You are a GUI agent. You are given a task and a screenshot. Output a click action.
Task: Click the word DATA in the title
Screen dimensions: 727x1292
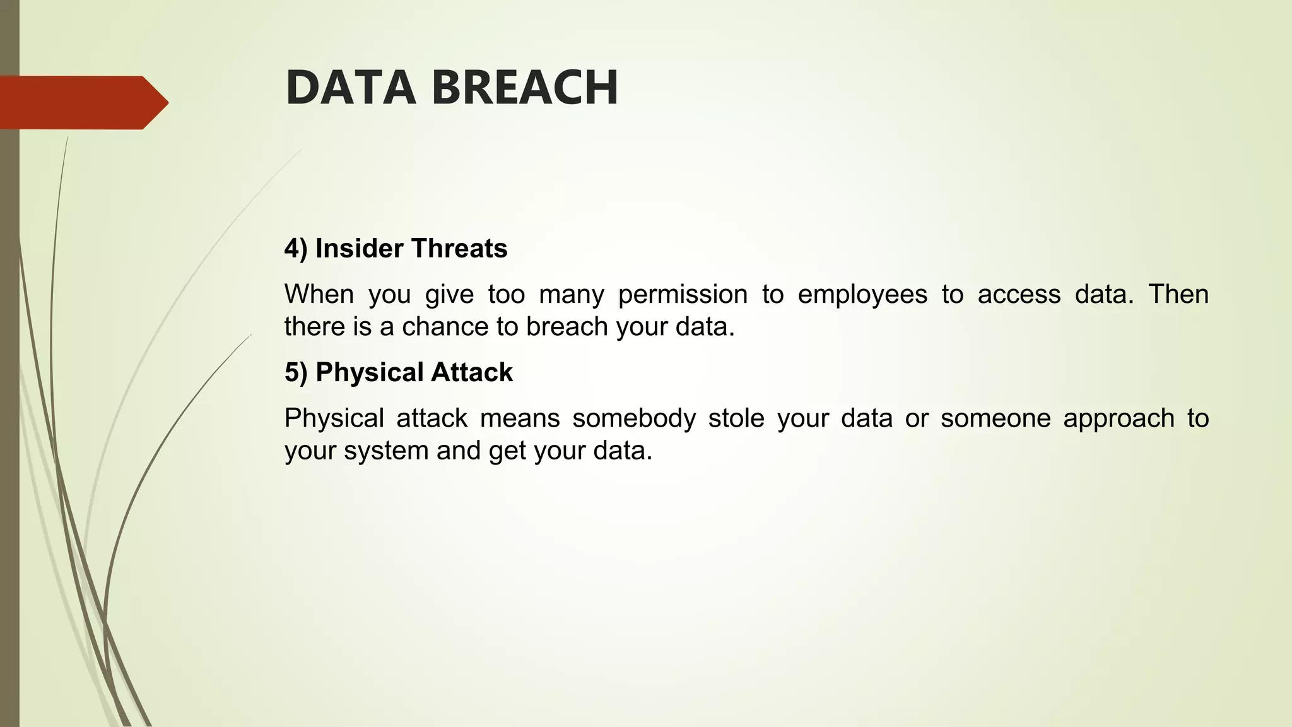[x=351, y=88]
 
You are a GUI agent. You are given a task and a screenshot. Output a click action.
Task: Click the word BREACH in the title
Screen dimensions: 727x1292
[x=525, y=88]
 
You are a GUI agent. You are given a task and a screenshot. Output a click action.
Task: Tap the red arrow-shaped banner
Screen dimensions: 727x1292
[x=82, y=103]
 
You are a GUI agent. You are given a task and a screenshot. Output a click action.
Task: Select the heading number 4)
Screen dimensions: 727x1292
[x=296, y=249]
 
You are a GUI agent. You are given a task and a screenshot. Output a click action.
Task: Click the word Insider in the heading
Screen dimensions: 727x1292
[x=358, y=249]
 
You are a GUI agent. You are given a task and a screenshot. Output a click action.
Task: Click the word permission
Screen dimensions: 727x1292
[x=683, y=295]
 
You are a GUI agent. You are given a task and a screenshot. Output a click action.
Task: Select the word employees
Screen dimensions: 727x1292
[x=862, y=295]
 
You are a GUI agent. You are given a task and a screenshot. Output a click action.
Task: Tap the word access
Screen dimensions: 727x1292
[x=1019, y=295]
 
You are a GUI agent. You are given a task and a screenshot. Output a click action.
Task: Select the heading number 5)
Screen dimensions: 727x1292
[x=296, y=372]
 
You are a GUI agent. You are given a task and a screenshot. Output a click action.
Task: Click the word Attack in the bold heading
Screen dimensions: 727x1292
[x=472, y=372]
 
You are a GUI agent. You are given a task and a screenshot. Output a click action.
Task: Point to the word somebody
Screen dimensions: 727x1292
[x=634, y=418]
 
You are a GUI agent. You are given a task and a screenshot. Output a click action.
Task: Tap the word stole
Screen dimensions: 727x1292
[x=736, y=418]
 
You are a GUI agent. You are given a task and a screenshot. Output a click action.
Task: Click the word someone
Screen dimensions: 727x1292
[x=995, y=418]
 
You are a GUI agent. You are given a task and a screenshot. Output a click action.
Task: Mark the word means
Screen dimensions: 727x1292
[x=520, y=418]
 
